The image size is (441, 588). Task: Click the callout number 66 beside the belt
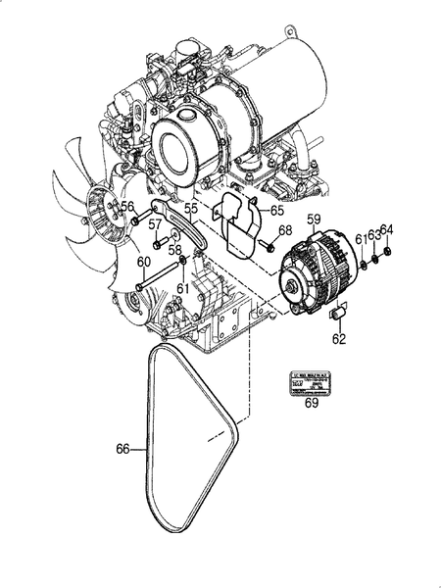122,450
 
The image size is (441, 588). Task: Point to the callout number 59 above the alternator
315,220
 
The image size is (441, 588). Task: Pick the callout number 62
339,340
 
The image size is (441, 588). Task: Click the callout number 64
387,230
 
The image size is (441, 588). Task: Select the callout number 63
373,236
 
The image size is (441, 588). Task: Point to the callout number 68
284,231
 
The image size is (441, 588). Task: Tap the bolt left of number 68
267,246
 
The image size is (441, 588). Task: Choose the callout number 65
277,210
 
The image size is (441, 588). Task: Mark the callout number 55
191,210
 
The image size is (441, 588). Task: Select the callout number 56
126,206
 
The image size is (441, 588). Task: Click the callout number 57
155,224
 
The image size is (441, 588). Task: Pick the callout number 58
174,250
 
